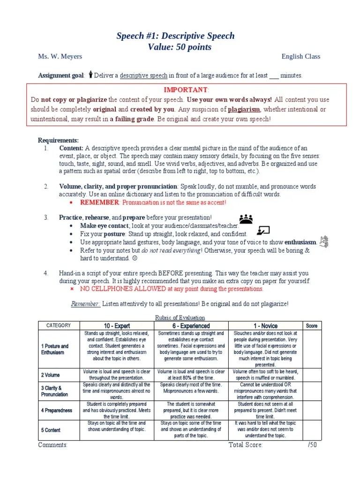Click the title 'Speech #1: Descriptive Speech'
coord(175,36)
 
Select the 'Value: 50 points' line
coord(180,47)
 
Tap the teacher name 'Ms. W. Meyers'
coord(60,57)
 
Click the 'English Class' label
coord(300,57)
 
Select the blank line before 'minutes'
coord(274,75)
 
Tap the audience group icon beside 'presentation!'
coord(246,218)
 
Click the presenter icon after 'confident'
coord(263,230)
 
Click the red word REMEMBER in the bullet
coord(99,202)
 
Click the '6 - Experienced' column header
coord(191,326)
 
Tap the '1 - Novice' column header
coord(265,326)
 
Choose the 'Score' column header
coord(311,326)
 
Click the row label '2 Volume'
coord(50,375)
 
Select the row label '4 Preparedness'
coord(56,410)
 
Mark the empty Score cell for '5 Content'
coord(311,430)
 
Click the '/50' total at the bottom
coord(312,445)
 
